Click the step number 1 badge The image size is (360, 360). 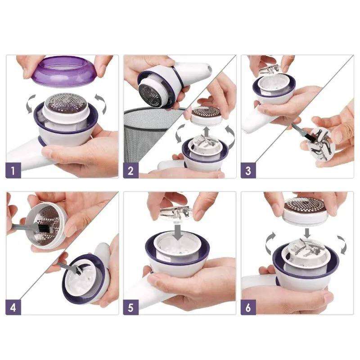click(x=13, y=170)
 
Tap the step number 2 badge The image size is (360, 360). click(x=130, y=170)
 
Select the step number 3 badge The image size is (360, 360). click(x=248, y=170)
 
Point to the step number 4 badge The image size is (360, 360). click(x=13, y=307)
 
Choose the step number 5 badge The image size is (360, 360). click(x=130, y=307)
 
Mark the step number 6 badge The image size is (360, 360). click(x=248, y=307)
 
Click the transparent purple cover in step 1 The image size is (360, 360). click(x=63, y=72)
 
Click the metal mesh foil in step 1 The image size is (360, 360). click(x=66, y=103)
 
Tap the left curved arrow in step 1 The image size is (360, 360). click(x=30, y=104)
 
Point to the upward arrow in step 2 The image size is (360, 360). click(x=207, y=131)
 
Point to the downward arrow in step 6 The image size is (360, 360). click(x=307, y=233)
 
